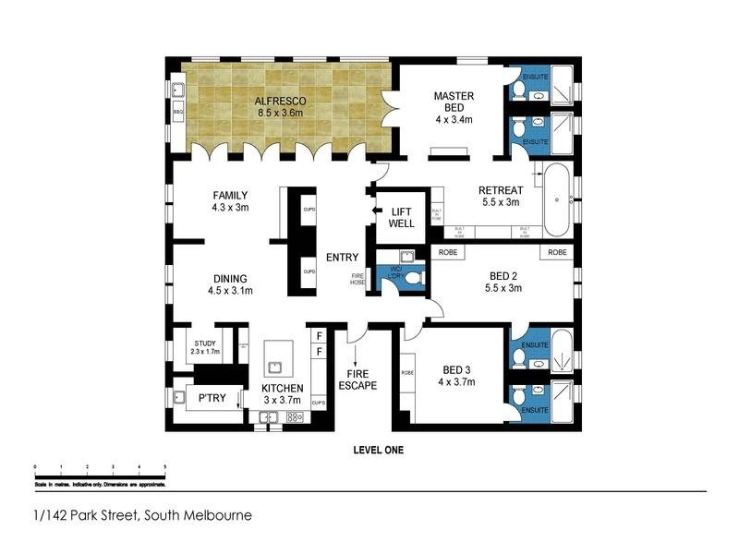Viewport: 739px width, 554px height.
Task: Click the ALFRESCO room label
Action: (x=281, y=100)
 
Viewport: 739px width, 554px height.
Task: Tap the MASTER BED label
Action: (x=454, y=101)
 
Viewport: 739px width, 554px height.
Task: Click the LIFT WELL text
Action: (x=402, y=218)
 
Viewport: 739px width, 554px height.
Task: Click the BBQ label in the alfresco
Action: (x=178, y=112)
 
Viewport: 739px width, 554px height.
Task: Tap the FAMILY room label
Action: (x=230, y=196)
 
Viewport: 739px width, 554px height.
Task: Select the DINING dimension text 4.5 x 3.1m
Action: (x=230, y=291)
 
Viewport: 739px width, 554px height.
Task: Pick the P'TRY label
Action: (x=212, y=399)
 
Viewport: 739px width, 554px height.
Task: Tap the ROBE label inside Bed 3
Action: (x=406, y=373)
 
